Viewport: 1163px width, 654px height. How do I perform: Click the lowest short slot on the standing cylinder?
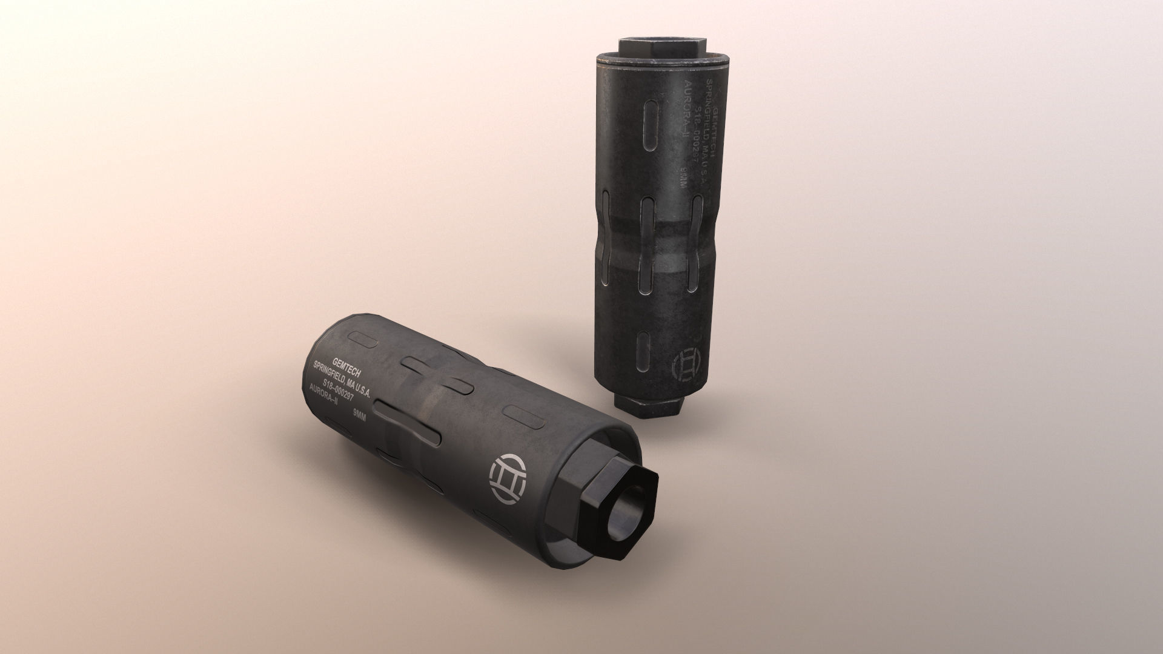pos(644,351)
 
